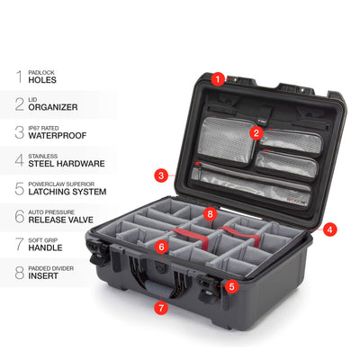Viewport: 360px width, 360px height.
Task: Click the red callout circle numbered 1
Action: pyautogui.click(x=218, y=79)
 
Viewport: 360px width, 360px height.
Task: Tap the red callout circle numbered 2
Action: pyautogui.click(x=256, y=133)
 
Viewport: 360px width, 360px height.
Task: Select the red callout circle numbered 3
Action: pyautogui.click(x=161, y=175)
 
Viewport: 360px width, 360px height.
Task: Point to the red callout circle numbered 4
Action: pyautogui.click(x=330, y=229)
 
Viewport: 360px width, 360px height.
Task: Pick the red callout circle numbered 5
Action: pyautogui.click(x=231, y=286)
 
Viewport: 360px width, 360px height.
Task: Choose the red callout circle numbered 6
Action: pyautogui.click(x=162, y=247)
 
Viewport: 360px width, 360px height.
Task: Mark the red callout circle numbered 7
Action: pyautogui.click(x=161, y=308)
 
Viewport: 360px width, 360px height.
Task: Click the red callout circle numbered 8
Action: pyautogui.click(x=210, y=214)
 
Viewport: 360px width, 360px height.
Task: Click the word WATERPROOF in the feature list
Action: pyautogui.click(x=58, y=136)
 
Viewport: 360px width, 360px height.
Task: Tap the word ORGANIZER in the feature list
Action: pyautogui.click(x=53, y=107)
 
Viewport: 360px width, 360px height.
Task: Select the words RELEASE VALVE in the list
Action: pyautogui.click(x=61, y=220)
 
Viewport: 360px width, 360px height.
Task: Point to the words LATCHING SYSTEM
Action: pyautogui.click(x=67, y=192)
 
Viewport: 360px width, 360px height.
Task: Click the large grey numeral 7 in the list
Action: pyautogui.click(x=20, y=244)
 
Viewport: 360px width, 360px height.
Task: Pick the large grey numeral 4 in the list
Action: pyautogui.click(x=20, y=160)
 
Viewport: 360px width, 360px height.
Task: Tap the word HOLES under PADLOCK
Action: pyautogui.click(x=42, y=80)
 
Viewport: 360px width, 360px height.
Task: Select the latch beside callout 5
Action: pyautogui.click(x=209, y=289)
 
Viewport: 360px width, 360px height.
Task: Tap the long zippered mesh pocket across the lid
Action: pyautogui.click(x=250, y=186)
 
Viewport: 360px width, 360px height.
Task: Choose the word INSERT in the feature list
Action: pyautogui.click(x=43, y=276)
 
